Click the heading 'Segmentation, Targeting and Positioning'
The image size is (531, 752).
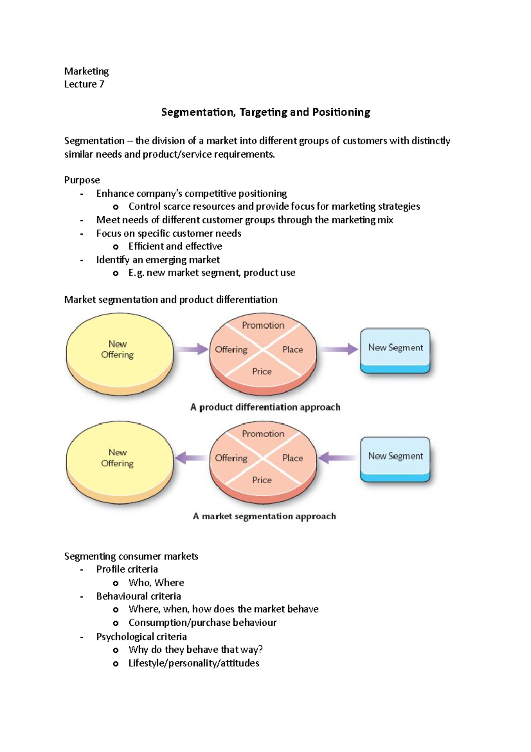pyautogui.click(x=265, y=112)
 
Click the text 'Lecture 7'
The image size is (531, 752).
pyautogui.click(x=84, y=84)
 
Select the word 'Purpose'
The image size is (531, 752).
pyautogui.click(x=82, y=180)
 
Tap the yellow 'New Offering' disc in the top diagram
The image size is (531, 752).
pyautogui.click(x=119, y=349)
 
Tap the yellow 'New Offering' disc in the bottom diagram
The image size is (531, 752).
pyautogui.click(x=119, y=458)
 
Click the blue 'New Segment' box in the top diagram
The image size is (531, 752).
pyautogui.click(x=395, y=348)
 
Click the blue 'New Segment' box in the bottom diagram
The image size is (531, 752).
pyautogui.click(x=395, y=457)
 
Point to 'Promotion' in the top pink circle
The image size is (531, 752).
pyautogui.click(x=263, y=326)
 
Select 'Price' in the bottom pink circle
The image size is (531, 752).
pyautogui.click(x=262, y=480)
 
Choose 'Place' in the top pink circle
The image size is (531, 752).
pyautogui.click(x=292, y=349)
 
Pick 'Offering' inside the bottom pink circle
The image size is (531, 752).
pyautogui.click(x=231, y=458)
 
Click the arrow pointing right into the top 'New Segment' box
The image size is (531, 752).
pyautogui.click(x=339, y=349)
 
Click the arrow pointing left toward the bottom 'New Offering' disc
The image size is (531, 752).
pyautogui.click(x=191, y=457)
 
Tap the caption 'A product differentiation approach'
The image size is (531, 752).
pyautogui.click(x=265, y=407)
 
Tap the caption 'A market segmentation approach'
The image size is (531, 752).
pyautogui.click(x=264, y=516)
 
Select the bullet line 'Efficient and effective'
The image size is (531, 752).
pyautogui.click(x=175, y=246)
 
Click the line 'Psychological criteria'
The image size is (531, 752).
pyautogui.click(x=141, y=636)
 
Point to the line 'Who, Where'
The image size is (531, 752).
pyautogui.click(x=156, y=582)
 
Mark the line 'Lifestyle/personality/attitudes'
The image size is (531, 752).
pyautogui.click(x=194, y=663)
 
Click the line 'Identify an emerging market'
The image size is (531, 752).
pyautogui.click(x=158, y=260)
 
